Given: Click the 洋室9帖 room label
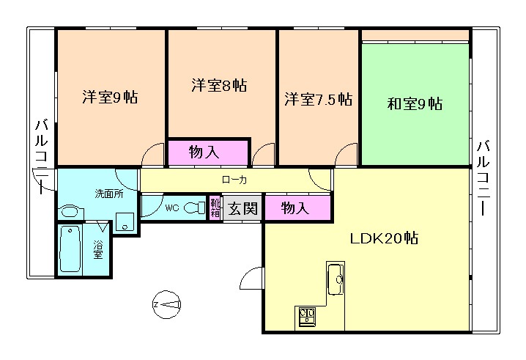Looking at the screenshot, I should click(x=110, y=96).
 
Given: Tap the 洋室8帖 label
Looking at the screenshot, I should click(x=219, y=84).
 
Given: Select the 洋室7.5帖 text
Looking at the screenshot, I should click(x=317, y=99).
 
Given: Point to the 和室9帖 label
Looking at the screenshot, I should click(x=414, y=103).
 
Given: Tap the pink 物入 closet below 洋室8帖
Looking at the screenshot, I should click(x=208, y=152).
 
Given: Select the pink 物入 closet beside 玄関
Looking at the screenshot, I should click(x=295, y=208).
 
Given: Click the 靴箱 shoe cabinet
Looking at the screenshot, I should click(x=215, y=208).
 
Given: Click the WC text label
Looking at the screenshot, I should click(x=171, y=208).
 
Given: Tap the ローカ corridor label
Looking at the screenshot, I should click(x=234, y=179).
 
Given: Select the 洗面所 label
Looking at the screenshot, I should click(x=108, y=194).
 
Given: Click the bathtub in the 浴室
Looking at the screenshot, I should click(x=72, y=250).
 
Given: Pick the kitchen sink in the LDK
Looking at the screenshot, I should click(x=336, y=279).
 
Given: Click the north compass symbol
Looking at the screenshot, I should click(x=167, y=303).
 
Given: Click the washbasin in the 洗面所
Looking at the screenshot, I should click(x=70, y=212).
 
